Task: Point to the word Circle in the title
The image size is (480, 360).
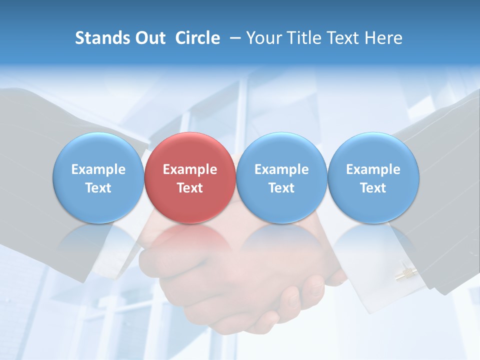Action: pos(197,38)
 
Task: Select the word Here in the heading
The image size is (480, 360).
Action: pos(383,38)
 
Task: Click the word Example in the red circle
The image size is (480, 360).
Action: pos(190,169)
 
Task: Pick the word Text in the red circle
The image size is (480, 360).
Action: pos(190,188)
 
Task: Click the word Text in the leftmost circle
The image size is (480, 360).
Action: pos(98,188)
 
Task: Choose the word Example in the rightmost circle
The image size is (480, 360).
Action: pos(373,169)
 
